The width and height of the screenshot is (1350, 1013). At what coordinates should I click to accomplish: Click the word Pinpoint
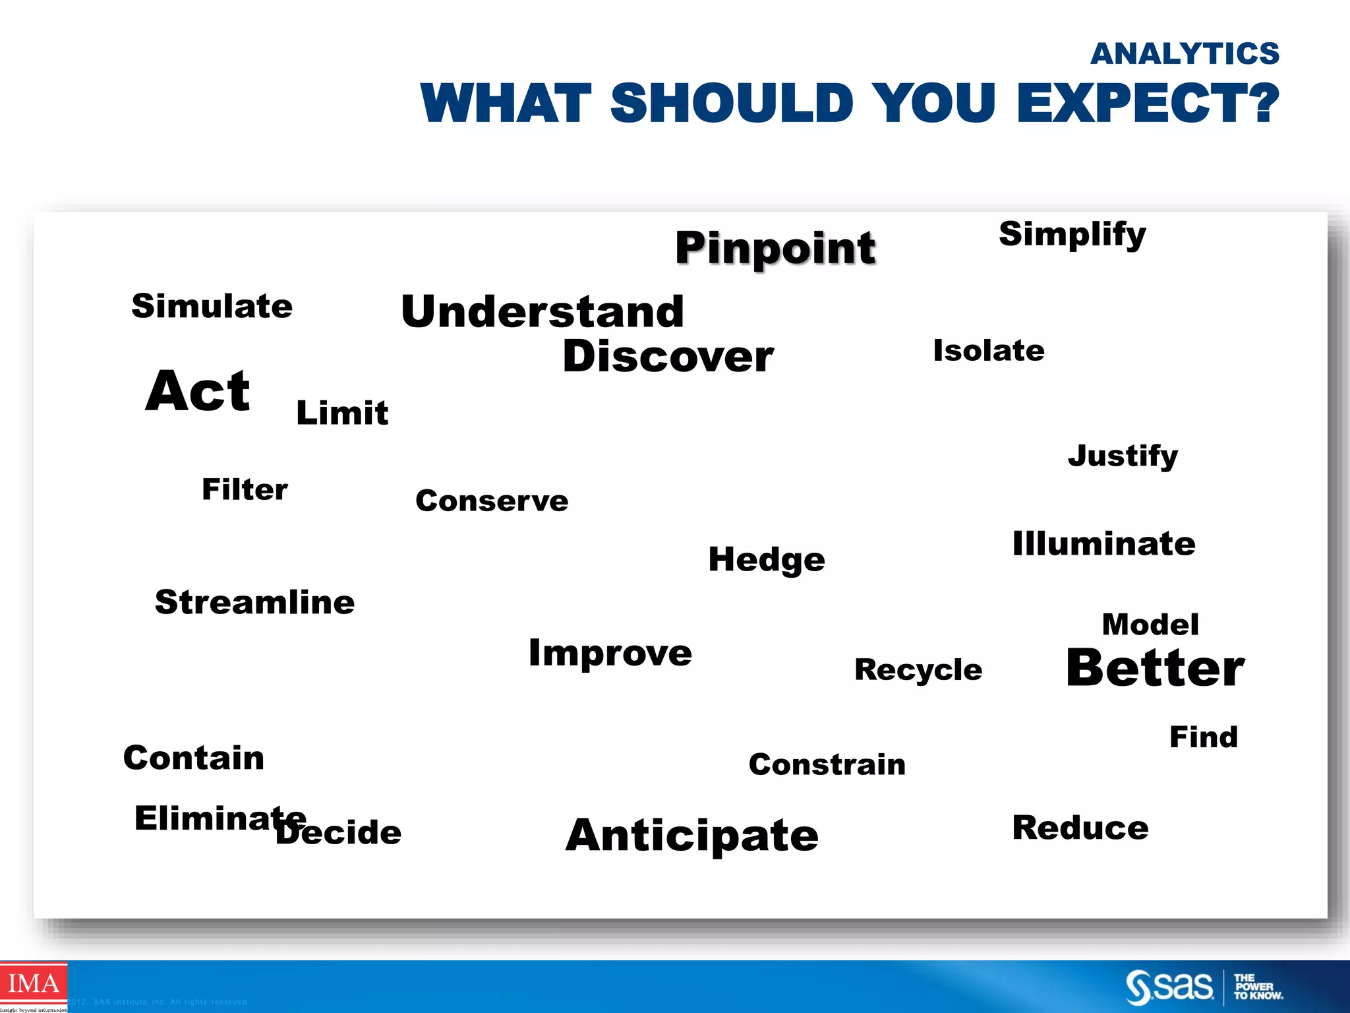pyautogui.click(x=775, y=248)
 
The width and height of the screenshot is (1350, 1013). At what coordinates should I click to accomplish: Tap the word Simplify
pyautogui.click(x=1072, y=235)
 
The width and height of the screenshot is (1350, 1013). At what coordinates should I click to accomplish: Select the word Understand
pyautogui.click(x=542, y=311)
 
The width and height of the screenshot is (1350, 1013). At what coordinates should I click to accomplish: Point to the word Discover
pyautogui.click(x=667, y=357)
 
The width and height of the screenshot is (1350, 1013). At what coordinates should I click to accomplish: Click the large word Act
pyautogui.click(x=198, y=391)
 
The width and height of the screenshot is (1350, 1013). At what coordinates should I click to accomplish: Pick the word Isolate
pyautogui.click(x=988, y=351)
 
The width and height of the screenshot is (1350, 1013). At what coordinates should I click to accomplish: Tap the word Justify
pyautogui.click(x=1123, y=456)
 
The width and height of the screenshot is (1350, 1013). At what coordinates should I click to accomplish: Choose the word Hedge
pyautogui.click(x=766, y=560)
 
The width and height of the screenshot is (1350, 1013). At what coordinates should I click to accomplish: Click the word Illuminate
pyautogui.click(x=1103, y=544)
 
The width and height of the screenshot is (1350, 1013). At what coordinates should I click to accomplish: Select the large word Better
pyautogui.click(x=1155, y=668)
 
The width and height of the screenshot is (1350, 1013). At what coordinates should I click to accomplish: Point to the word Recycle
pyautogui.click(x=918, y=670)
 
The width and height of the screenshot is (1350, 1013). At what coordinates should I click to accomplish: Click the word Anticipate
pyautogui.click(x=691, y=836)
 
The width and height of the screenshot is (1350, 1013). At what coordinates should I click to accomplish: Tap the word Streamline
pyautogui.click(x=254, y=602)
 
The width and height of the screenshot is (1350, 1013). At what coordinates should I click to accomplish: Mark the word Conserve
pyautogui.click(x=492, y=501)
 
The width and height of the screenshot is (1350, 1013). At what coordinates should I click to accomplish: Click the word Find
pyautogui.click(x=1203, y=737)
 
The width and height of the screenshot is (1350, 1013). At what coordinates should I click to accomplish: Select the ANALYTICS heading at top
pyautogui.click(x=1185, y=54)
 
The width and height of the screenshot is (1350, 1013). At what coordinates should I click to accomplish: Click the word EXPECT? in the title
pyautogui.click(x=1147, y=104)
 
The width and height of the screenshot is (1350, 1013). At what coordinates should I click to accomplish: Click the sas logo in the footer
pyautogui.click(x=1169, y=987)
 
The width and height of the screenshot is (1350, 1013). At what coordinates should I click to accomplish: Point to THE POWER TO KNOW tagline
pyautogui.click(x=1257, y=987)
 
